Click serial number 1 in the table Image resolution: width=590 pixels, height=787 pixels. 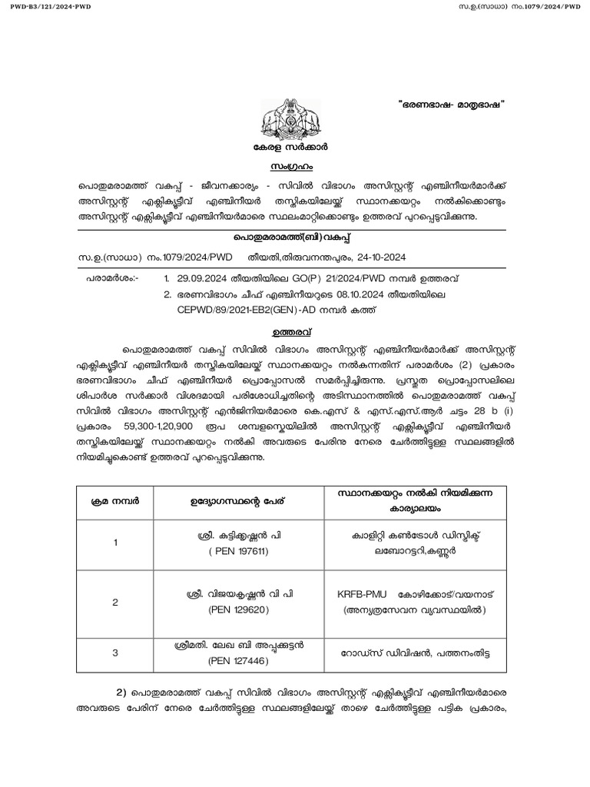pos(115,543)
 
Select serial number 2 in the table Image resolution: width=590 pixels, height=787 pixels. pos(115,603)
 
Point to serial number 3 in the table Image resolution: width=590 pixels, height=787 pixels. pos(115,653)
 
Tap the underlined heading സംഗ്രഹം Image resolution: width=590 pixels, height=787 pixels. pos(294,166)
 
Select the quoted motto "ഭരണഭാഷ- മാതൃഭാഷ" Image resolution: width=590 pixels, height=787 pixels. pos(453,105)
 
